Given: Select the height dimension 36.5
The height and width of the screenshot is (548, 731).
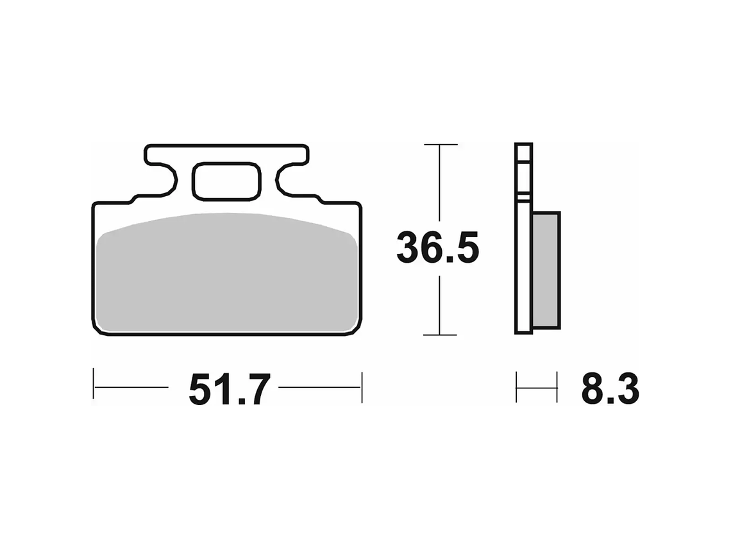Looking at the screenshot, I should [438, 248].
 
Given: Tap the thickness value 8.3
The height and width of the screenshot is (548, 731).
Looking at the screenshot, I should [609, 389].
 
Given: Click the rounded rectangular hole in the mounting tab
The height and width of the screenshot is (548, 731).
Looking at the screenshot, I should [226, 181].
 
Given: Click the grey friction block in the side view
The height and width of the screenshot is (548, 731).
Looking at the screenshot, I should [546, 269].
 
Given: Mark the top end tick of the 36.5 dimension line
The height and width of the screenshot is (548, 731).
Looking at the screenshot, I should [440, 145].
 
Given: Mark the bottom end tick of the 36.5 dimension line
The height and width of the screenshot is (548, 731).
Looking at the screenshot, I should [440, 335].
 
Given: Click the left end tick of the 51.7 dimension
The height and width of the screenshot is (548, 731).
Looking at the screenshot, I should [94, 386].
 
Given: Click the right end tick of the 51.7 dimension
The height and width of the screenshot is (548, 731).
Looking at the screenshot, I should [362, 386].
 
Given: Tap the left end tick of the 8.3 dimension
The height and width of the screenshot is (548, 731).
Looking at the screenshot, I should [517, 386].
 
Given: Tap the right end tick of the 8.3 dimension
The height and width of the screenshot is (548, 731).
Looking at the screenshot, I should [557, 386].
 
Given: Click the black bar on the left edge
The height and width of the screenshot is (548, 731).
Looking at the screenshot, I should [45, 274].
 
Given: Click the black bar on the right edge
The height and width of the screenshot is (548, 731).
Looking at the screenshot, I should [685, 274].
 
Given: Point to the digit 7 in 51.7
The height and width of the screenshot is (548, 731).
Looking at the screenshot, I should [255, 389].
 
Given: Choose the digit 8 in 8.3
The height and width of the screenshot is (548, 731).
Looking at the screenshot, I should [594, 389].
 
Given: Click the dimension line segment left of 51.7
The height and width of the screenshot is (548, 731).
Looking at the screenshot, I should [131, 386].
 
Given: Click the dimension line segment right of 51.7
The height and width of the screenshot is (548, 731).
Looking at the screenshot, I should [319, 386].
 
